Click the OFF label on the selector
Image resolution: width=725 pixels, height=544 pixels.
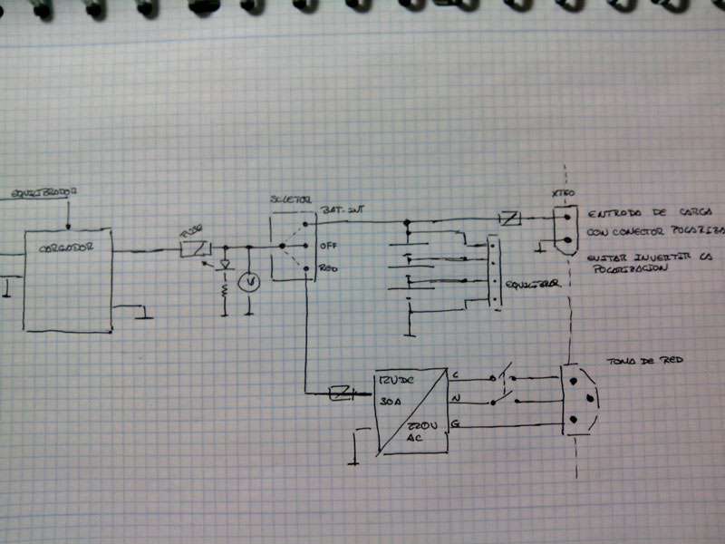328,245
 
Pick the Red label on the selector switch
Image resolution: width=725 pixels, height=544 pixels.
328,268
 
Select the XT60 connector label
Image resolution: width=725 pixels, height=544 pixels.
563,195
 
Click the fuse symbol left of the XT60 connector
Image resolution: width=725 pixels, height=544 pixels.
509,219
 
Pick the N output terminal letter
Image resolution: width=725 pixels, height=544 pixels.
455,397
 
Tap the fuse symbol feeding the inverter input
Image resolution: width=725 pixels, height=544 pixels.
341,393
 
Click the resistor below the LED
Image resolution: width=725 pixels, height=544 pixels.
225,293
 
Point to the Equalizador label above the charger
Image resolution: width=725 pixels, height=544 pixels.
43,193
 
